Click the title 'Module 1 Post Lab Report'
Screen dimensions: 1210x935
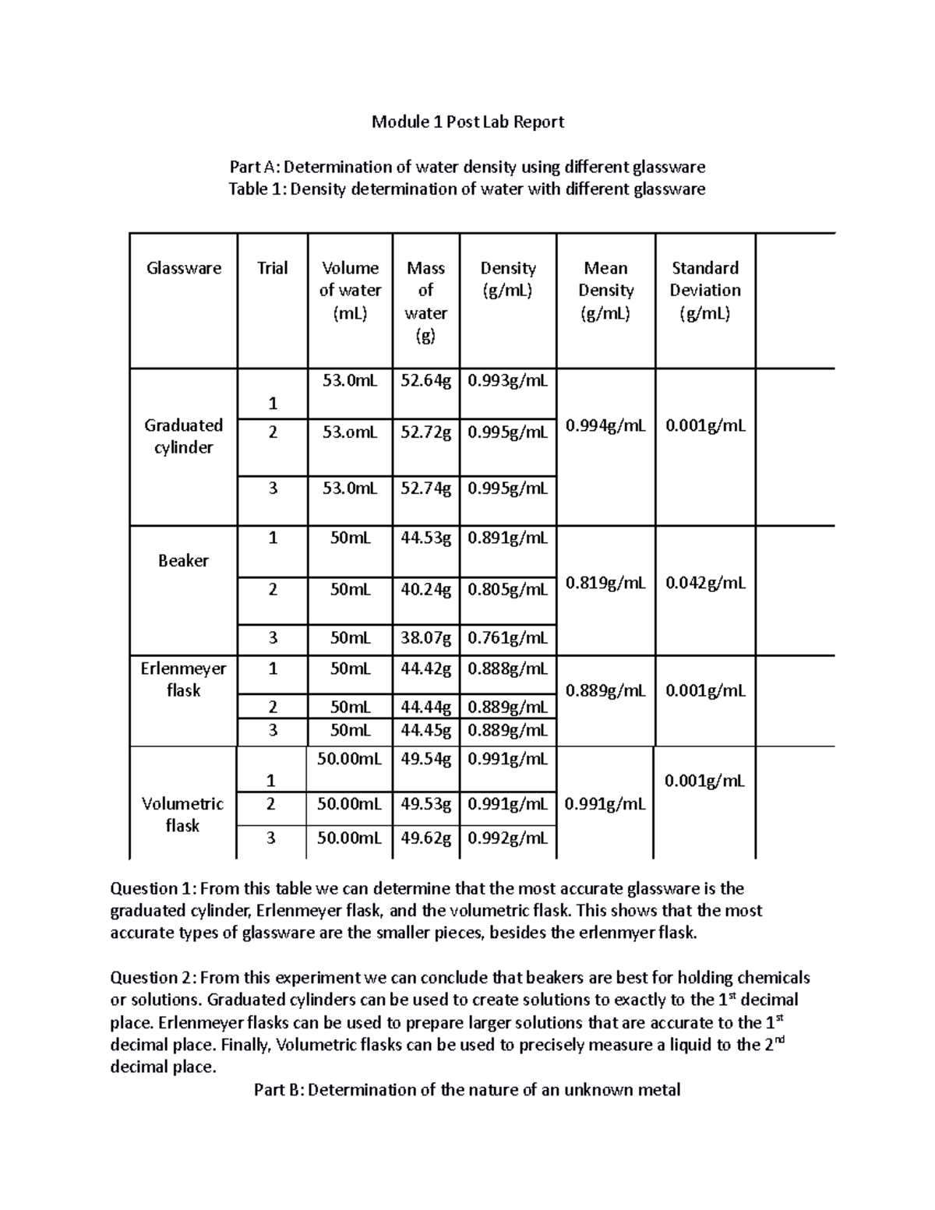click(x=467, y=122)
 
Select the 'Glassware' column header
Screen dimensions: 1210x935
click(x=184, y=268)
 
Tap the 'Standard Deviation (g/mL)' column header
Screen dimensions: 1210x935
click(x=704, y=291)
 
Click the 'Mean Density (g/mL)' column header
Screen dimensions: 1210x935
click(x=605, y=291)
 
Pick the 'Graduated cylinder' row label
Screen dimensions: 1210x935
click(x=184, y=436)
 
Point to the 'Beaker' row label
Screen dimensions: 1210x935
click(x=183, y=561)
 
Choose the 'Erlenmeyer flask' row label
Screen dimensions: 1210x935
click(x=184, y=679)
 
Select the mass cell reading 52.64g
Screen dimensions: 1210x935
click(x=425, y=381)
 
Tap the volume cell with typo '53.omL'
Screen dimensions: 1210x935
click(x=350, y=432)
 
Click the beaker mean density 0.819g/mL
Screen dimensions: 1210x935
click(x=605, y=583)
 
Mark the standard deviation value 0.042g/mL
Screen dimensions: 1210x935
click(x=705, y=583)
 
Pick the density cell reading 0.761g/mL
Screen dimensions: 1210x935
click(x=507, y=638)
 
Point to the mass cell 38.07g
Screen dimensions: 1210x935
click(x=425, y=638)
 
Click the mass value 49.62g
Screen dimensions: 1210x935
click(x=425, y=838)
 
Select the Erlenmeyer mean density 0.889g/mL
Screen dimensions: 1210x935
click(x=605, y=690)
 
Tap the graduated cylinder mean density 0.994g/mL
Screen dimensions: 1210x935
click(x=605, y=426)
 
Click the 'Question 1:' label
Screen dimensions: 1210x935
click(x=155, y=889)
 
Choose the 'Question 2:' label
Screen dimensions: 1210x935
click(x=155, y=978)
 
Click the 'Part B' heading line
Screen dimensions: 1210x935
click(x=467, y=1089)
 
